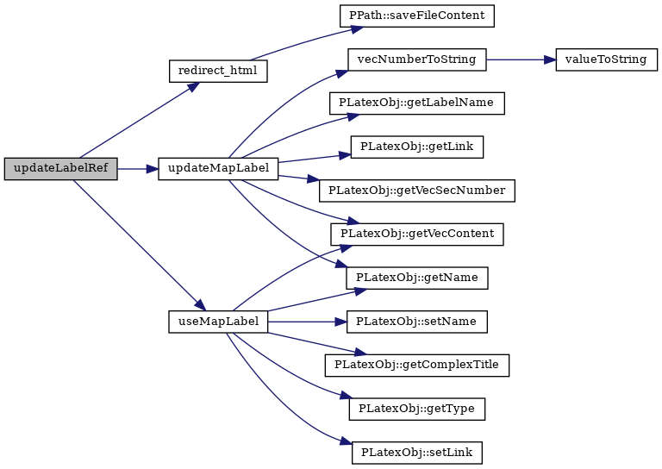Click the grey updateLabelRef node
61,168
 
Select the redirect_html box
218,71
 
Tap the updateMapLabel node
218,168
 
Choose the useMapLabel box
218,322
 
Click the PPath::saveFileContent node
417,16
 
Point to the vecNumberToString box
416,59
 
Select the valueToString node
606,59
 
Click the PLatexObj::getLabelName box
416,103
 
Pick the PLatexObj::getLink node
416,147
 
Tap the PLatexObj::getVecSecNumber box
416,191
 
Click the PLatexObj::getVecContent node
416,234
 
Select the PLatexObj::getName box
416,278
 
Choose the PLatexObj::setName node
416,322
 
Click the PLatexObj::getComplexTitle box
416,366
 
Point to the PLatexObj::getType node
416,409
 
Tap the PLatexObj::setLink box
416,453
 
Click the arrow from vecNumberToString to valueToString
521,59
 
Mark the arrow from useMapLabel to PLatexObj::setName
308,322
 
